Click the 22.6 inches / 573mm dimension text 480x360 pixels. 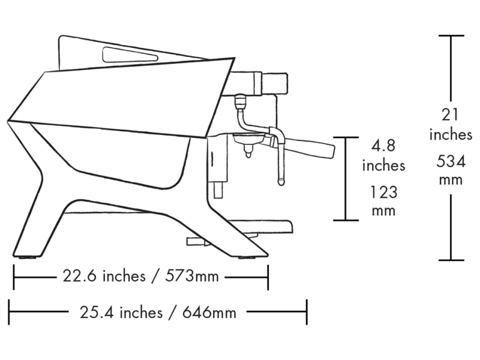[140, 277]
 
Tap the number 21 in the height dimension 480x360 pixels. [451, 114]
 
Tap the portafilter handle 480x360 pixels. [312, 148]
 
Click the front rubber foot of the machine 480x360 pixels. [247, 259]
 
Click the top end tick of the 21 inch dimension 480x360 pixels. [451, 36]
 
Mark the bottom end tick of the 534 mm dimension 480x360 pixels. [451, 260]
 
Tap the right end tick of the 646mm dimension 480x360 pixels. [307, 312]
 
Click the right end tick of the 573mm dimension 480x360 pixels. [268, 277]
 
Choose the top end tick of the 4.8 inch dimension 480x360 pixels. [346, 137]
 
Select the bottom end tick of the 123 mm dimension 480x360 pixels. [346, 220]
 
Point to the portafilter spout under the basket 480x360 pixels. [247, 155]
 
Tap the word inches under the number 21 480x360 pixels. [451, 135]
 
